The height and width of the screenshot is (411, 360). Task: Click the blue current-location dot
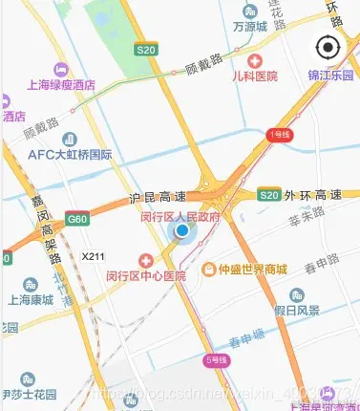point(181,230)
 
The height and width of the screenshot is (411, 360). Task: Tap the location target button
point(328,47)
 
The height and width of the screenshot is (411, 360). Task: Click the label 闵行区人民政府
point(180,216)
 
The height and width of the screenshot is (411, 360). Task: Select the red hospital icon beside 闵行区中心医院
point(146,261)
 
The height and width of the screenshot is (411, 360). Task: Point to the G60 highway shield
point(78,221)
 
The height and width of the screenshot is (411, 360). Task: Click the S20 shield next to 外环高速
point(269,196)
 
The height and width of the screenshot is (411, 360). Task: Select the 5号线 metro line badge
point(217,361)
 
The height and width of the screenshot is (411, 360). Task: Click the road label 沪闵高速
point(156,200)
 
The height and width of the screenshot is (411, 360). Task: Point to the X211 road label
point(93,257)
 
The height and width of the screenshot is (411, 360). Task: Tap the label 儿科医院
point(255,76)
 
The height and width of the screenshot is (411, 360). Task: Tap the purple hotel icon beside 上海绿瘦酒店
point(60,69)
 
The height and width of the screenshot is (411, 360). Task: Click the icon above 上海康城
point(30,284)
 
